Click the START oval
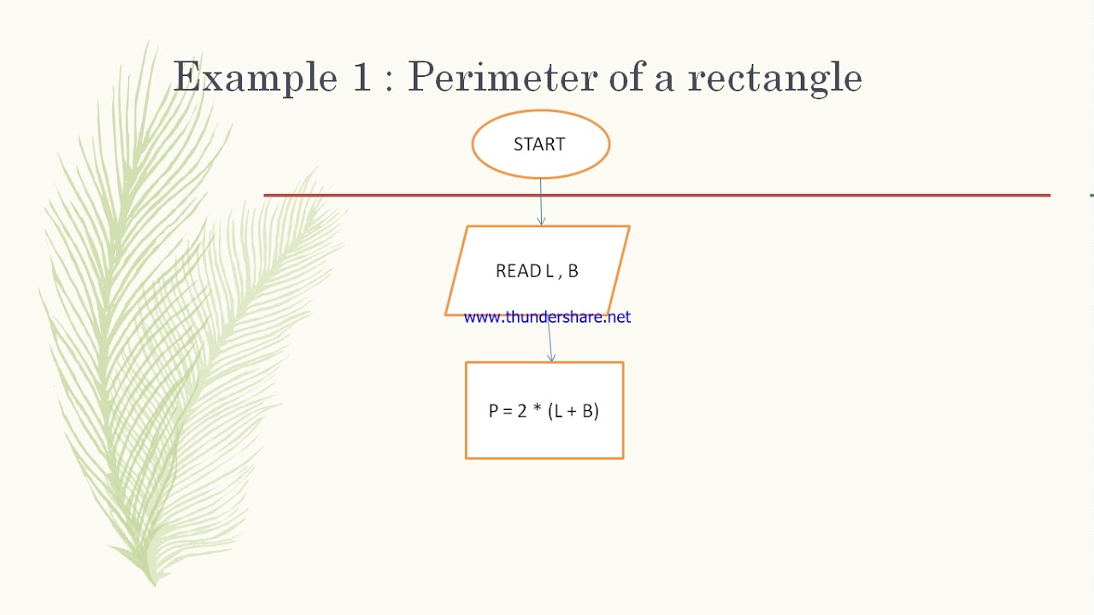click(540, 144)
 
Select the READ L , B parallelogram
click(538, 271)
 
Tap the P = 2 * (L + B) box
click(544, 411)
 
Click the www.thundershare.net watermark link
click(547, 318)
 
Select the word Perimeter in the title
click(501, 78)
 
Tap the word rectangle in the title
click(774, 78)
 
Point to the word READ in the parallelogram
click(518, 271)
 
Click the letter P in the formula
click(493, 411)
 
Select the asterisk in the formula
click(537, 409)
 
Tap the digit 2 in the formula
click(521, 411)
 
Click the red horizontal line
click(769, 196)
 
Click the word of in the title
click(626, 78)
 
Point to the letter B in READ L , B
click(573, 271)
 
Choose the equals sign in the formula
click(507, 411)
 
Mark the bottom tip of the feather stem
click(155, 584)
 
